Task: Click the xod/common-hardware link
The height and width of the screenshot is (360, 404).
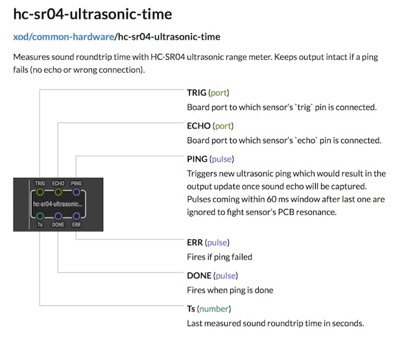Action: [64, 37]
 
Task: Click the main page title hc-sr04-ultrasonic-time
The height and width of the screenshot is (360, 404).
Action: [93, 14]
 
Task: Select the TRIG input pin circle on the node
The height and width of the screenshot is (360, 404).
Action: [40, 192]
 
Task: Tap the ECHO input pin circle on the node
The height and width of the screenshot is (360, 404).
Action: [58, 192]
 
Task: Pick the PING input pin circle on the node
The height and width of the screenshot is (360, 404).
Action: [77, 192]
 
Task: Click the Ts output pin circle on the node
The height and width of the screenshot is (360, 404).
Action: [40, 216]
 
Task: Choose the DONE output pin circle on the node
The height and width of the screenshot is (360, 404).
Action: [58, 216]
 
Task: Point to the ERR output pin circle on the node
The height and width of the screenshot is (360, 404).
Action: [77, 216]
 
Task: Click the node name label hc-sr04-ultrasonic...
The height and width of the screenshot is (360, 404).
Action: [58, 204]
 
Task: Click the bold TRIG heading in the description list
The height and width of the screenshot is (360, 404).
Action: [196, 93]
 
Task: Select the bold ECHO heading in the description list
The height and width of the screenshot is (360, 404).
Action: [198, 126]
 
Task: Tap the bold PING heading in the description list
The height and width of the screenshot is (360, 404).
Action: [197, 160]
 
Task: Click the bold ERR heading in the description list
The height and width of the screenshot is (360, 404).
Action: [195, 243]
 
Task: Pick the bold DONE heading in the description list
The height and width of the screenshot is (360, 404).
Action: [199, 276]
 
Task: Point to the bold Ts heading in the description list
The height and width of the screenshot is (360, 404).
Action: [191, 309]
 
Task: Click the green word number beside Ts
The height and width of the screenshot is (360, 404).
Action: [214, 309]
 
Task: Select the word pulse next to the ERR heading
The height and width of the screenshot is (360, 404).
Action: [217, 243]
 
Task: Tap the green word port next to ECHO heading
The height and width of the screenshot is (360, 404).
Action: [223, 126]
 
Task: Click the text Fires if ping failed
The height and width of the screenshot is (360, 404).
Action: [220, 257]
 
